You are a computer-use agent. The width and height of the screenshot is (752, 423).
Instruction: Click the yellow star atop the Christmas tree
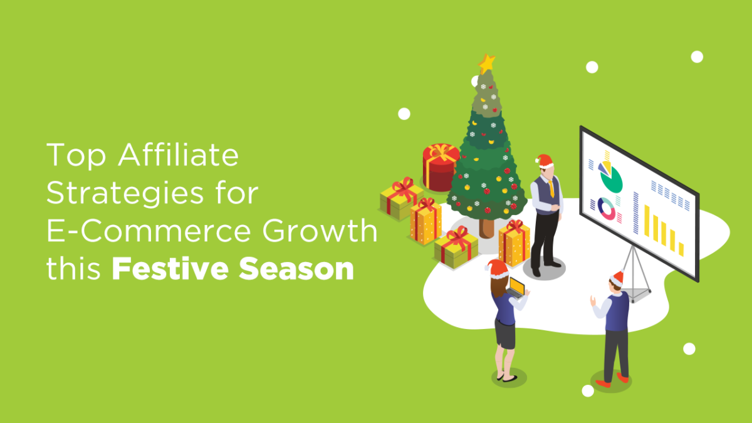(x=486, y=62)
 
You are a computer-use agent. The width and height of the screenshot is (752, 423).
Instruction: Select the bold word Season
(x=306, y=270)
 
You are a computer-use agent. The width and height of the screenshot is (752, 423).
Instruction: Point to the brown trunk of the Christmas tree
(x=488, y=226)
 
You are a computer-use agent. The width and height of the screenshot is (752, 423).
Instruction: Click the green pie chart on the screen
(x=611, y=179)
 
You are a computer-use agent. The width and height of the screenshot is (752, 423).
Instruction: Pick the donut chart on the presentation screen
(x=607, y=209)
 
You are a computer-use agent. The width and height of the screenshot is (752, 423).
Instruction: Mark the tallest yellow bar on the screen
(x=647, y=219)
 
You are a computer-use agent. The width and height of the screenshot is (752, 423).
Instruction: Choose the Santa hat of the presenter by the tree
(x=545, y=162)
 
